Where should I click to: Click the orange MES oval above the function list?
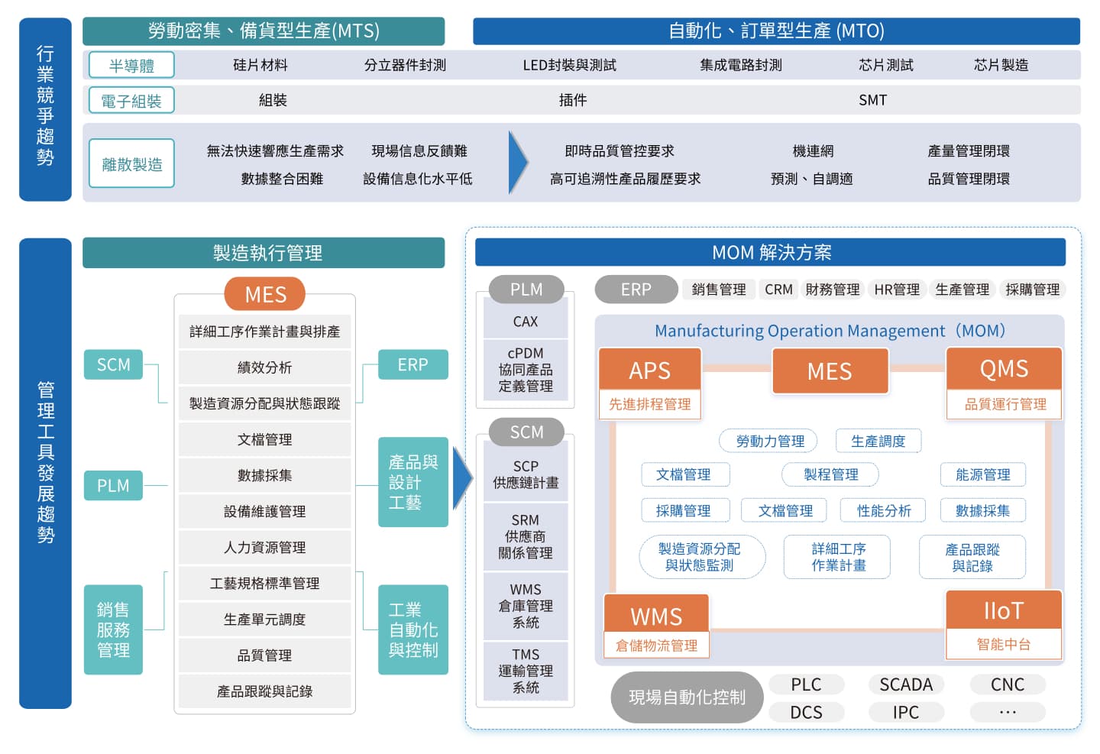[264, 294]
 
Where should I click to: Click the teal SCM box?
[113, 364]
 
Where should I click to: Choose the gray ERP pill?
[636, 290]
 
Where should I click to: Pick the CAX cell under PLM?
[526, 322]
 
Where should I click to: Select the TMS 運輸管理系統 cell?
[526, 671]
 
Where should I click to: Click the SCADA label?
[906, 684]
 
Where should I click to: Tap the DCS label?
[807, 712]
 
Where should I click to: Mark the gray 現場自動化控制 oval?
[687, 697]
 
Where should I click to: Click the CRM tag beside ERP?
[779, 290]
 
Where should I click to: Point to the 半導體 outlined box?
[131, 65]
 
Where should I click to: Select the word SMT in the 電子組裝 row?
[872, 100]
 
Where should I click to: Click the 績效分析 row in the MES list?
[264, 367]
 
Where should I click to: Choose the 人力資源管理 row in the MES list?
[264, 547]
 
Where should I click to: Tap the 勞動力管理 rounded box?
[768, 441]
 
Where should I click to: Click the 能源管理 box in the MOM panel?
[982, 474]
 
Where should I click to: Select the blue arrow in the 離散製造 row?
[518, 162]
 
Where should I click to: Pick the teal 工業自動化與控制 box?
[413, 629]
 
